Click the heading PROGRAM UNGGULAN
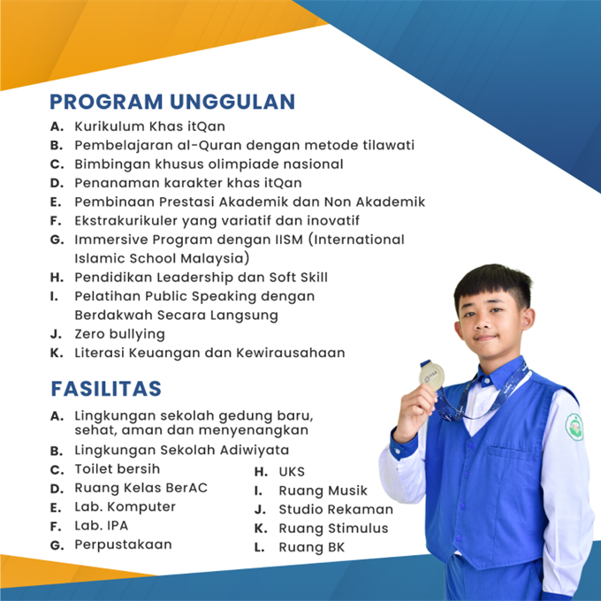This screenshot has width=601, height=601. click(171, 102)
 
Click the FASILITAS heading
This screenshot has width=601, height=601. click(106, 388)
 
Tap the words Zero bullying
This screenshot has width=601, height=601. click(119, 334)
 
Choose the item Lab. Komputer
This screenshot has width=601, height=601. click(125, 507)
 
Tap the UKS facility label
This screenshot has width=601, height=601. click(292, 471)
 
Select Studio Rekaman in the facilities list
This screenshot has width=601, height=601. click(336, 509)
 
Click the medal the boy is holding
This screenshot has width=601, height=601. click(430, 377)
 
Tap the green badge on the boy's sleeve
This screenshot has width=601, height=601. click(574, 427)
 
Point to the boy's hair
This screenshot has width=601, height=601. click(491, 286)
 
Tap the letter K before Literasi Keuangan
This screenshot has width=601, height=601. click(57, 353)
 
